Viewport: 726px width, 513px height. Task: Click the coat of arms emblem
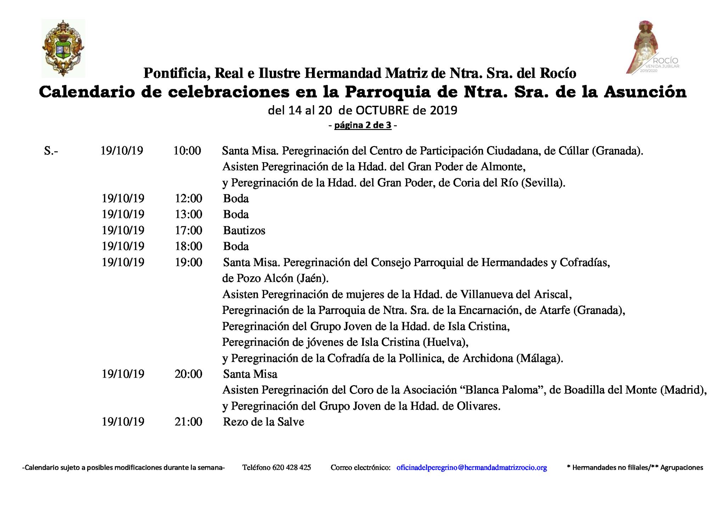pyautogui.click(x=63, y=49)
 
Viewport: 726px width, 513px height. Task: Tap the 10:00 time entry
pyautogui.click(x=187, y=151)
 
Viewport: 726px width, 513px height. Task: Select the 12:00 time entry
pyautogui.click(x=188, y=198)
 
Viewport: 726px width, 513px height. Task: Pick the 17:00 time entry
pyautogui.click(x=188, y=230)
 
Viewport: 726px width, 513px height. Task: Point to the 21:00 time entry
pyautogui.click(x=188, y=422)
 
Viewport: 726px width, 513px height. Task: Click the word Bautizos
pyautogui.click(x=244, y=231)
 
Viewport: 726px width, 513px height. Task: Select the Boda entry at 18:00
pyautogui.click(x=236, y=246)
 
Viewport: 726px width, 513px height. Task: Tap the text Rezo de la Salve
pyautogui.click(x=263, y=422)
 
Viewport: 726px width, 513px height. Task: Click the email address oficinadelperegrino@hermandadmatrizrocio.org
pyautogui.click(x=471, y=468)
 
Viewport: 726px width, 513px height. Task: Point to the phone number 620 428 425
pyautogui.click(x=291, y=468)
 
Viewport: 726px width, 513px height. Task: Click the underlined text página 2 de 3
pyautogui.click(x=363, y=125)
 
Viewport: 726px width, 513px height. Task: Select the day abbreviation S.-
pyautogui.click(x=51, y=151)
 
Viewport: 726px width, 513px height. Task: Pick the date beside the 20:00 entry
pyautogui.click(x=123, y=374)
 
